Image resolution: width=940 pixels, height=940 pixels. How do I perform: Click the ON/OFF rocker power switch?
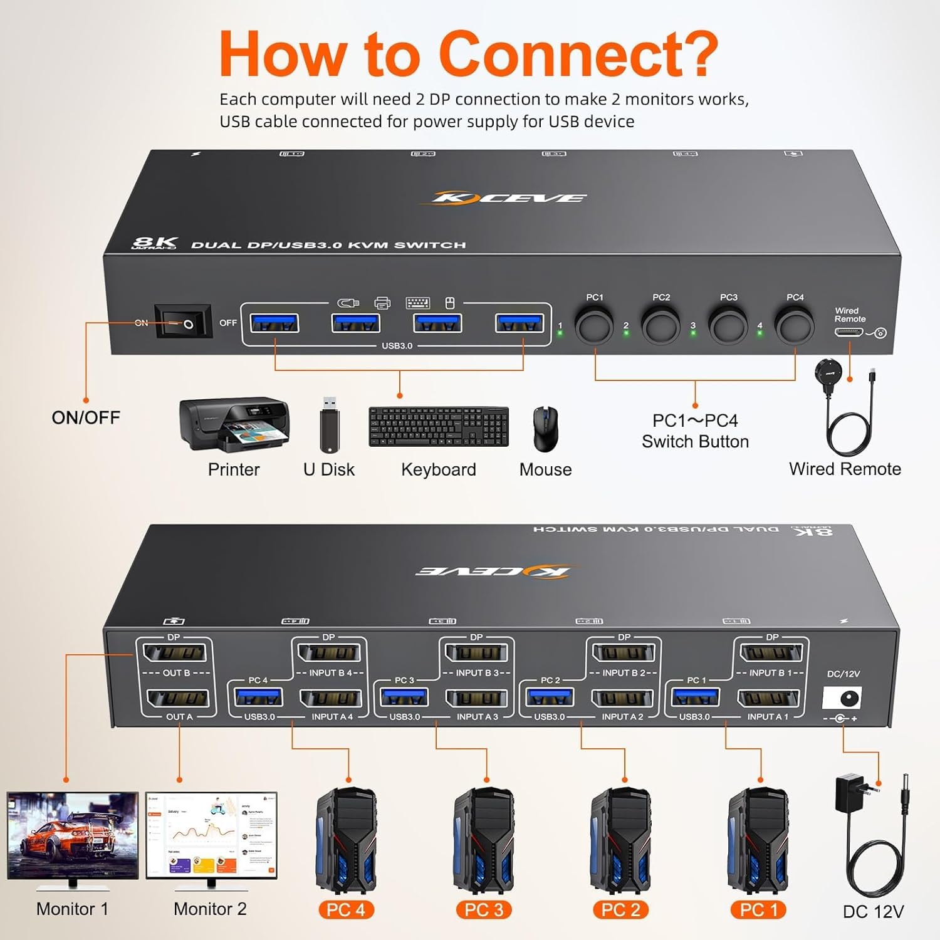point(183,323)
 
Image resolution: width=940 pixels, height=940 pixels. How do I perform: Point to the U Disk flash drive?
point(330,424)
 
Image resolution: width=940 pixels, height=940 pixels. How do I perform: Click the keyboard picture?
point(439,427)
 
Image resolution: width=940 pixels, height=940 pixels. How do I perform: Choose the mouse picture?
point(545,429)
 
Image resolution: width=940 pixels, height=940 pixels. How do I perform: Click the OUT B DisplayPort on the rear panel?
point(174,653)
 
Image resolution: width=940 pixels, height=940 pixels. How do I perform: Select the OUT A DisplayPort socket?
point(178,698)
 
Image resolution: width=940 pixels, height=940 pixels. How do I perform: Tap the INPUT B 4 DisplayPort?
point(329,653)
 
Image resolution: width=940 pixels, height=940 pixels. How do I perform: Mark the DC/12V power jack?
point(843,697)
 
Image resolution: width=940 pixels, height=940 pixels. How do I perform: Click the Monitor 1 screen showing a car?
point(73,835)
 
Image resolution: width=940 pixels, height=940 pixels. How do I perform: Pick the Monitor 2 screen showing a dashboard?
point(211,835)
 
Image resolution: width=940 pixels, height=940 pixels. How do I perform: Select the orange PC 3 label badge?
point(483,910)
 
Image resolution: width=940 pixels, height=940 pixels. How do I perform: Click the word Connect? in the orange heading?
point(578,55)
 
